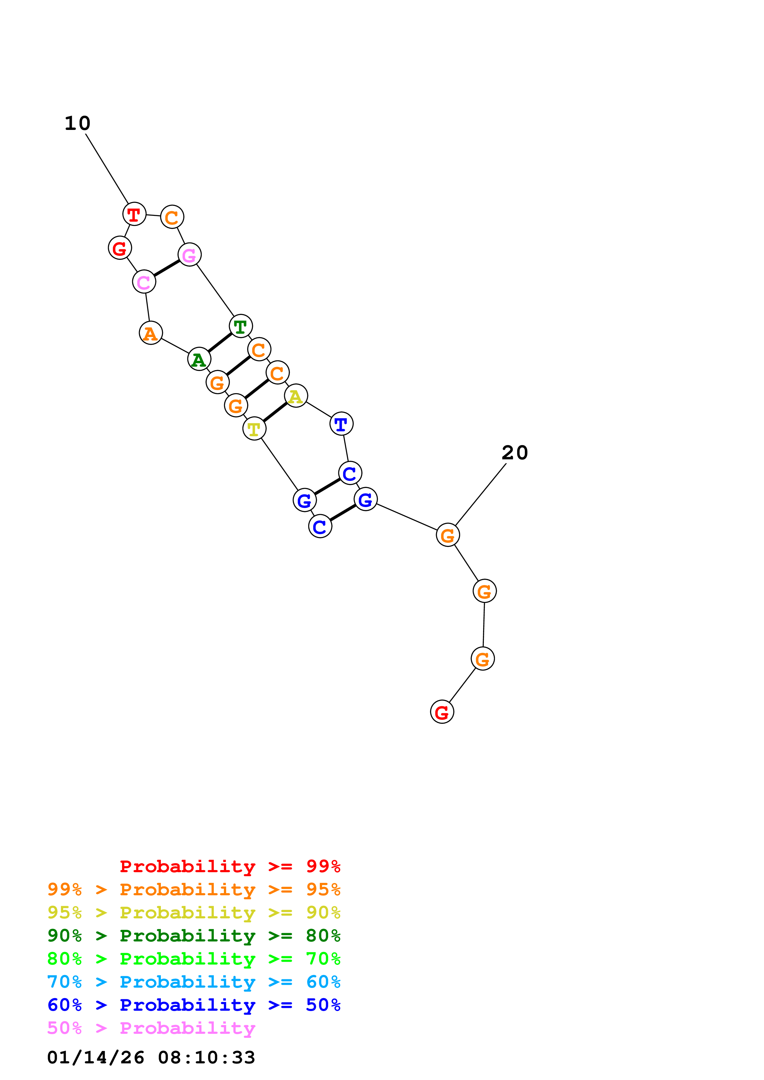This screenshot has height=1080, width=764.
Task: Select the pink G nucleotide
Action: (189, 255)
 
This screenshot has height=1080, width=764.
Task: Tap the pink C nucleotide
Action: (144, 282)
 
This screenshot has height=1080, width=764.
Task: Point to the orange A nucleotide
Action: (151, 333)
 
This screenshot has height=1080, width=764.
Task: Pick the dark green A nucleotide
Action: (199, 359)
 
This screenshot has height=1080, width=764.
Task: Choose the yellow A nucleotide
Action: (296, 396)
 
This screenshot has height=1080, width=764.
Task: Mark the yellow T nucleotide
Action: (254, 429)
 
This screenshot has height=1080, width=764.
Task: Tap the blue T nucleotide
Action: (341, 424)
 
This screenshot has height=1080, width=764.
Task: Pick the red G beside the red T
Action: (120, 248)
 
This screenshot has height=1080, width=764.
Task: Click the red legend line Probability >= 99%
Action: (230, 866)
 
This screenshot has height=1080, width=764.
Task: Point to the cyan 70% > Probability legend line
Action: (194, 982)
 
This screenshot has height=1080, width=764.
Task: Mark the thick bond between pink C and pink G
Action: (167, 268)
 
